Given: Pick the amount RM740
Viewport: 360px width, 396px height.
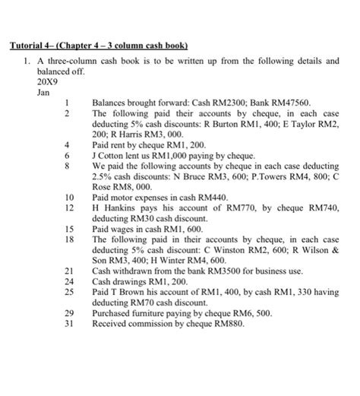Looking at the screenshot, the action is (316, 207).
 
